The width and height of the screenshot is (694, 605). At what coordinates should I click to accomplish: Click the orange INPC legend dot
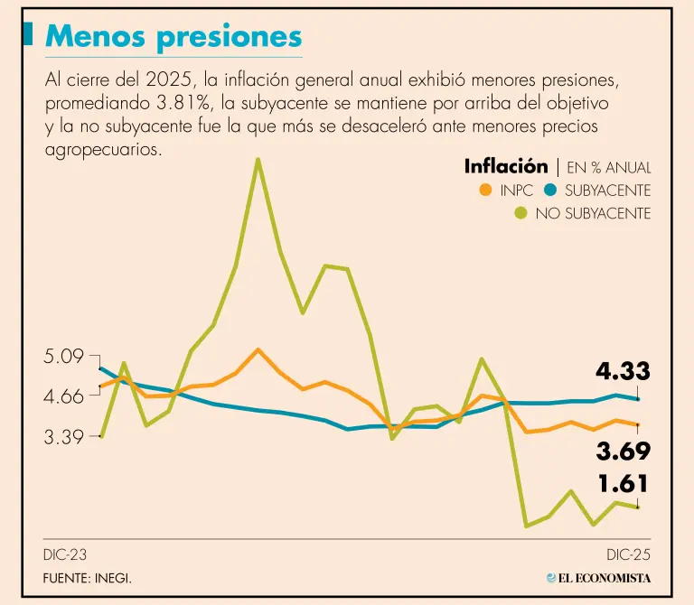click(x=485, y=191)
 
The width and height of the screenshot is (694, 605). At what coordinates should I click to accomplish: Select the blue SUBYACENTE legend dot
click(x=549, y=191)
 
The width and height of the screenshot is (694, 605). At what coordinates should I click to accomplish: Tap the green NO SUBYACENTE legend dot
click(x=520, y=214)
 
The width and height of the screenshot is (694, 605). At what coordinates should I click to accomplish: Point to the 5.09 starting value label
click(x=63, y=356)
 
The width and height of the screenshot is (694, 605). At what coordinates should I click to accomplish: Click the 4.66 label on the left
click(x=63, y=396)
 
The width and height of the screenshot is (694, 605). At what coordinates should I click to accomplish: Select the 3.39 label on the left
click(x=63, y=437)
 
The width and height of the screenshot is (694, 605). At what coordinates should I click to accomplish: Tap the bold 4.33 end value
click(x=623, y=371)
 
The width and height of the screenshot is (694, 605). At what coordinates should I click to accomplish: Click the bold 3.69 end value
click(x=623, y=451)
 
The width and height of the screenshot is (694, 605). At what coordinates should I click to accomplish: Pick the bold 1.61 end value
click(x=623, y=484)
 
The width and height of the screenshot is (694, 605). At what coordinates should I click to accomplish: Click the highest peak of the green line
click(x=258, y=160)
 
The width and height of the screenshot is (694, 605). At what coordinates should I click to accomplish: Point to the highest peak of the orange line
click(x=258, y=349)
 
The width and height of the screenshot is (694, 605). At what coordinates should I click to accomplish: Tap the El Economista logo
click(x=599, y=578)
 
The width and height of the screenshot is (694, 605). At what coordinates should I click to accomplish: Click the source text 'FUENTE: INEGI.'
click(x=87, y=578)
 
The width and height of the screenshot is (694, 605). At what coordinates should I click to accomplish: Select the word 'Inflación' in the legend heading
click(x=505, y=166)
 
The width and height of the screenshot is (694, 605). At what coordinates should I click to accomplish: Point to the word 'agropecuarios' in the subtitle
click(x=103, y=149)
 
